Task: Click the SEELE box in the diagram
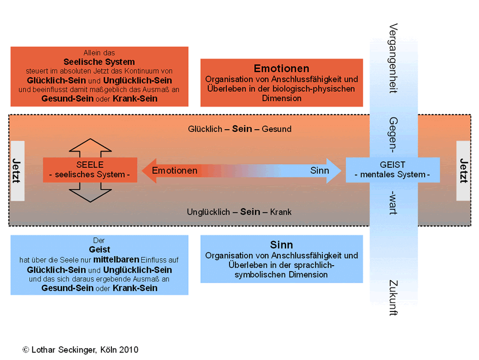pos(90,170)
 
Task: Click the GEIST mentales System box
pos(393,170)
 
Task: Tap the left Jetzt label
pos(17,171)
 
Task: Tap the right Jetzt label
pos(463,171)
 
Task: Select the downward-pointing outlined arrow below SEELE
pos(90,193)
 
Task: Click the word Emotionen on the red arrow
pos(175,171)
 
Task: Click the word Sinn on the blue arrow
pos(320,171)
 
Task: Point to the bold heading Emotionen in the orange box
pos(281,69)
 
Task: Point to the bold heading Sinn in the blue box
pos(281,245)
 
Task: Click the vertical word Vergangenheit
pos(394,58)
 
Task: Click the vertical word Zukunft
pos(394,298)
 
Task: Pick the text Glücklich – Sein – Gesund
pos(240,129)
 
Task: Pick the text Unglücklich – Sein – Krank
pos(239,212)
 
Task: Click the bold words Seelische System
pos(99,62)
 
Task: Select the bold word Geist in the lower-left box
pos(99,249)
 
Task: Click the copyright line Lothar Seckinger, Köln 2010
pos(80,350)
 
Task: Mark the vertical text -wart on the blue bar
pos(394,202)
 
